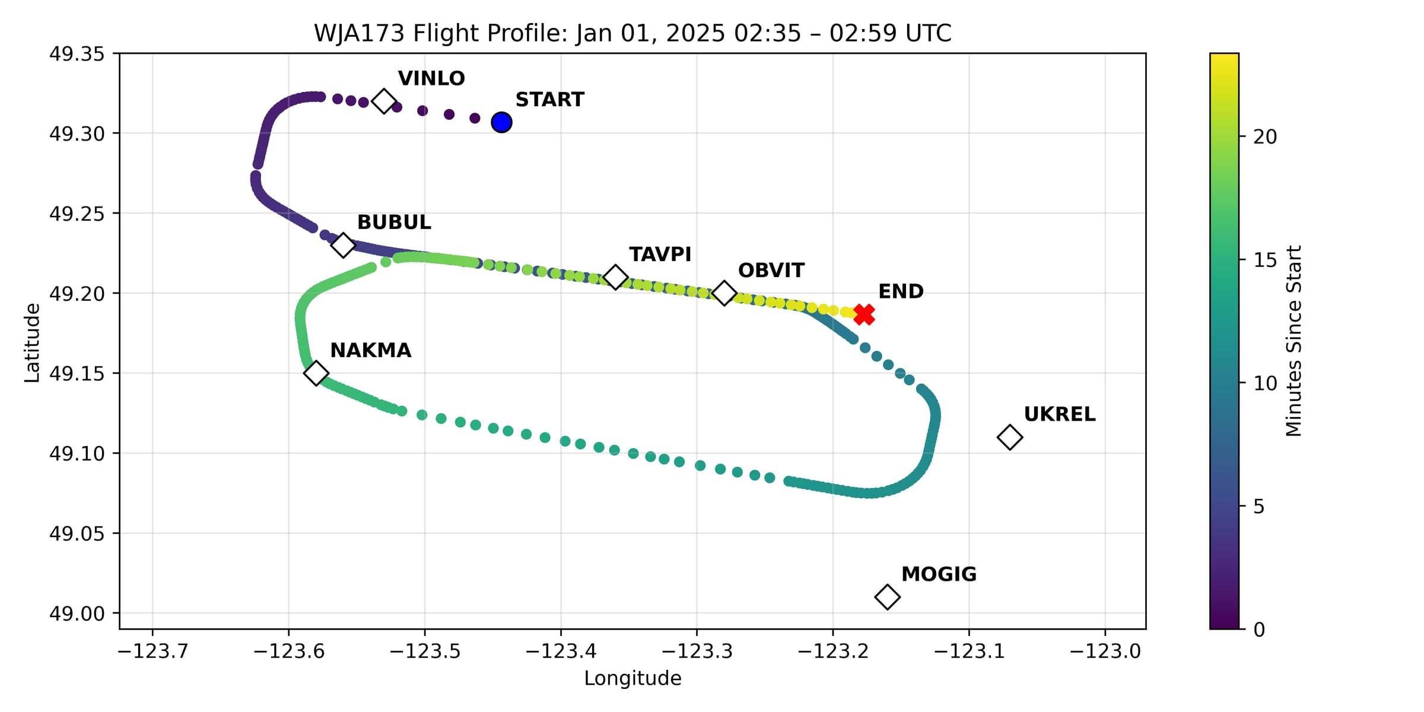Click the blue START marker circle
(501, 122)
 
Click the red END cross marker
(864, 314)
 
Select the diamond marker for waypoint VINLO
(384, 101)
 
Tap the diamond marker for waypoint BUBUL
(342, 244)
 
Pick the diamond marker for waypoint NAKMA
(316, 373)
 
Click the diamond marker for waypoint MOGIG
(887, 596)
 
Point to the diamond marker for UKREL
(1009, 437)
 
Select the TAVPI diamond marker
(615, 277)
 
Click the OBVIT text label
(771, 271)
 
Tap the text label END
(901, 291)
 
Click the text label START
(549, 100)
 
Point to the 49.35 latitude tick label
(77, 54)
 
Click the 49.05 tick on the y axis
(77, 533)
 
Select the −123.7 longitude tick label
(152, 651)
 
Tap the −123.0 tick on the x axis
(1105, 651)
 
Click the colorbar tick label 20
(1264, 137)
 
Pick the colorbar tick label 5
(1258, 507)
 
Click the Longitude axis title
(632, 678)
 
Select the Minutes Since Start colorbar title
(1293, 341)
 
